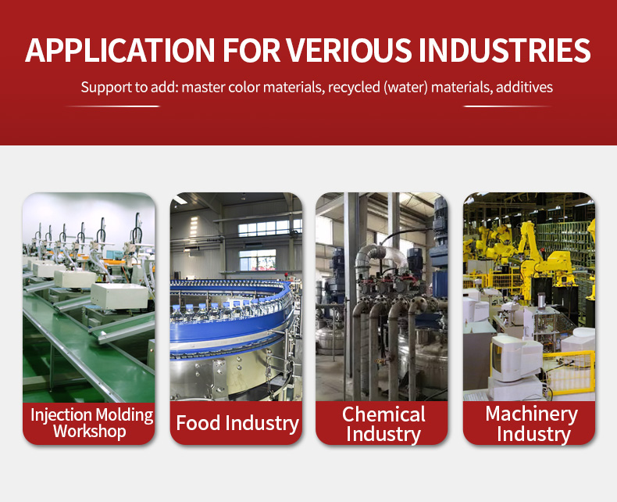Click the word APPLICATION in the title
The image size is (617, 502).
click(x=120, y=50)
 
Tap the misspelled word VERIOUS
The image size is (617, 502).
click(x=350, y=50)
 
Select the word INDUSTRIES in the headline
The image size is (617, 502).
click(x=505, y=50)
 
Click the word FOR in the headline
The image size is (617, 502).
click(x=251, y=50)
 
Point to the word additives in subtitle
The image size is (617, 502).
click(x=524, y=87)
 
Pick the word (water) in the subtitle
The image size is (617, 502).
click(x=405, y=87)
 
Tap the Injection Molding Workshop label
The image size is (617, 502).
click(x=91, y=423)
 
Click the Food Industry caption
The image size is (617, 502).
click(x=237, y=423)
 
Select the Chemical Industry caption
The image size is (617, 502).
click(x=383, y=424)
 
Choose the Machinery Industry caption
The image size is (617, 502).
click(x=532, y=424)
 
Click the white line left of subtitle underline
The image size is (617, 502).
click(x=113, y=106)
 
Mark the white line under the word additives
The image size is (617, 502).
click(x=508, y=106)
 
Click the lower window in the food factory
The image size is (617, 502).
click(x=258, y=260)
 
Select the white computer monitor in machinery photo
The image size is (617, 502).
click(x=515, y=357)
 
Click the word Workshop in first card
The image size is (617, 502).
click(x=90, y=431)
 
